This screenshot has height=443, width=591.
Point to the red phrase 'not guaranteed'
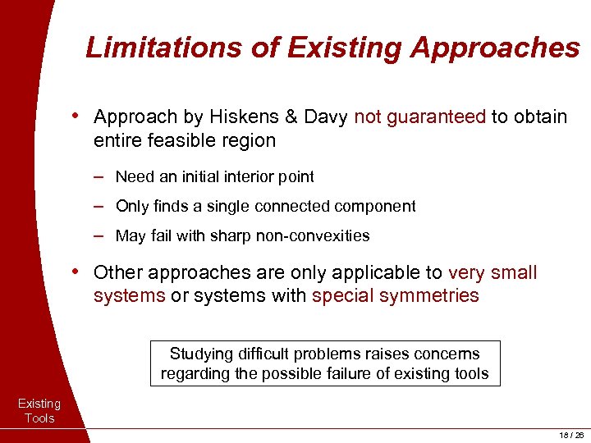click(x=420, y=117)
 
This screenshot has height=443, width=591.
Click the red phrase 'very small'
click(x=492, y=272)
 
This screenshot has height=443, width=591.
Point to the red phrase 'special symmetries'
click(x=396, y=295)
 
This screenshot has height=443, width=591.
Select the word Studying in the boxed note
click(x=199, y=354)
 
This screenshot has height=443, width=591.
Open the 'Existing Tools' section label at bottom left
click(x=39, y=411)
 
